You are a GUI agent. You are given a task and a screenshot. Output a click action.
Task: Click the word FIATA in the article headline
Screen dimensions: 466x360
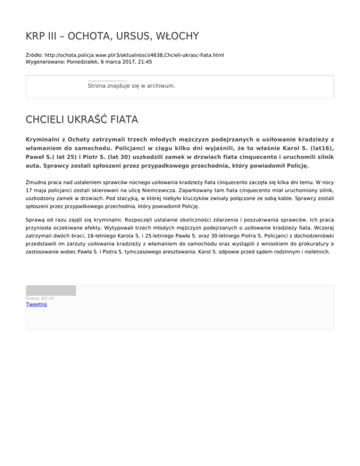(124, 121)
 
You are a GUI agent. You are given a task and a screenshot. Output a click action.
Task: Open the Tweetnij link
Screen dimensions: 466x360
(36, 304)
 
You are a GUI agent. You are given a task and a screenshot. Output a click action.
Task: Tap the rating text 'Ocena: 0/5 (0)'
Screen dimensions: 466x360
(40, 298)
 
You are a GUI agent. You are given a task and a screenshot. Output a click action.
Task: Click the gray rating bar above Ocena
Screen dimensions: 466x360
(51, 290)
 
